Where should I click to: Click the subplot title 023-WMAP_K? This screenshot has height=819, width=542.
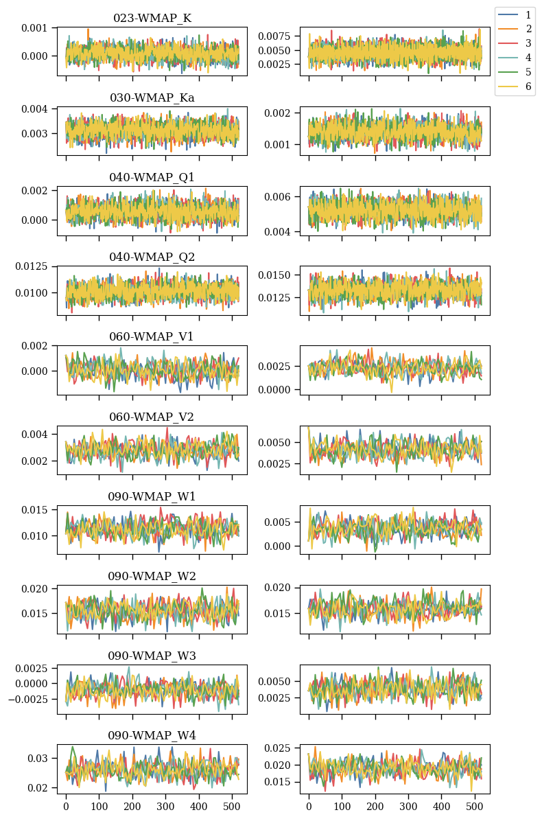pos(152,18)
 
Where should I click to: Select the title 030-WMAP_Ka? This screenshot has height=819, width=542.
pos(152,97)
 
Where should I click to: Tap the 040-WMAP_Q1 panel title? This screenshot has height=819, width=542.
pos(152,177)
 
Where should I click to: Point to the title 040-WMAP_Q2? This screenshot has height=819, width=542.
pos(152,257)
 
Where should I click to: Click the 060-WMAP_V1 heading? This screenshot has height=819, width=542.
pos(152,336)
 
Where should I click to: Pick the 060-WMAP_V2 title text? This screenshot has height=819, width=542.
pos(152,417)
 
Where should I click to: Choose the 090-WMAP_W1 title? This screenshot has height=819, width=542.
pos(152,496)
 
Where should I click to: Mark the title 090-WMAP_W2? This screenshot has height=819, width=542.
pos(152,576)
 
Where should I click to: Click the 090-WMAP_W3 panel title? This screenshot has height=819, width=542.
pos(152,656)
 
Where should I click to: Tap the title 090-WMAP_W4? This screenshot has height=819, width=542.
pos(152,735)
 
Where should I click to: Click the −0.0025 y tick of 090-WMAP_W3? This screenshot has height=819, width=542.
pos(27,699)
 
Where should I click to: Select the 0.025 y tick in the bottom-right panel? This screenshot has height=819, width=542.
pos(279,748)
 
